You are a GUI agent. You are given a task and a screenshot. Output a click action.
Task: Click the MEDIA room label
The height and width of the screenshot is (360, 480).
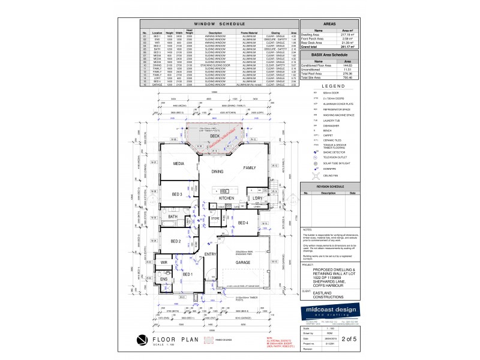pyautogui.click(x=178, y=163)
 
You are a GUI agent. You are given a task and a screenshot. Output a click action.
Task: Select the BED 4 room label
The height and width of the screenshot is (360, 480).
pyautogui.click(x=243, y=223)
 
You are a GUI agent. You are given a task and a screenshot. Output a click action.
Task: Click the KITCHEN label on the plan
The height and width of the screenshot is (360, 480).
pyautogui.click(x=226, y=198)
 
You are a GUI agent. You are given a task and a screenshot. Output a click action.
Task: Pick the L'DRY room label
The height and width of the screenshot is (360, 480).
pyautogui.click(x=258, y=198)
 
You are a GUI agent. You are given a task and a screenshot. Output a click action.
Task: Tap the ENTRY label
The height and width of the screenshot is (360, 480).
pyautogui.click(x=210, y=255)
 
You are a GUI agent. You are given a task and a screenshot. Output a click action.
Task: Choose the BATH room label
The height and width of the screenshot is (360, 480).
pyautogui.click(x=173, y=217)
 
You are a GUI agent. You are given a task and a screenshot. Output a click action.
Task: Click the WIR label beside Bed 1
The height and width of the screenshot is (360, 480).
pyautogui.click(x=163, y=263)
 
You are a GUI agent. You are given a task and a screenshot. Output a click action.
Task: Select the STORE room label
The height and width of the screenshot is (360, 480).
pyautogui.click(x=215, y=219)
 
